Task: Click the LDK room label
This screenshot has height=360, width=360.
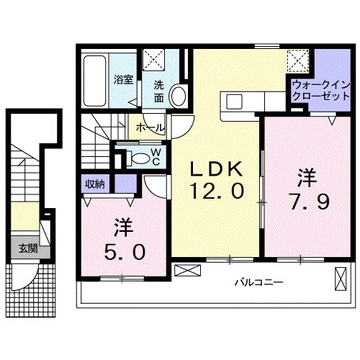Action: [x=214, y=170]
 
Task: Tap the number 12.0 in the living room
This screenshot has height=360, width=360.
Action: [x=214, y=191]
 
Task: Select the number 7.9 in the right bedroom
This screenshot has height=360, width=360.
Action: [x=310, y=199]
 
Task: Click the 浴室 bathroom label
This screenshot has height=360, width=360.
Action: [x=123, y=80]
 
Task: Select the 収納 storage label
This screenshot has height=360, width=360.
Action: [x=94, y=184]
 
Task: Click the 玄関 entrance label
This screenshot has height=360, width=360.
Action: [x=27, y=249]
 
